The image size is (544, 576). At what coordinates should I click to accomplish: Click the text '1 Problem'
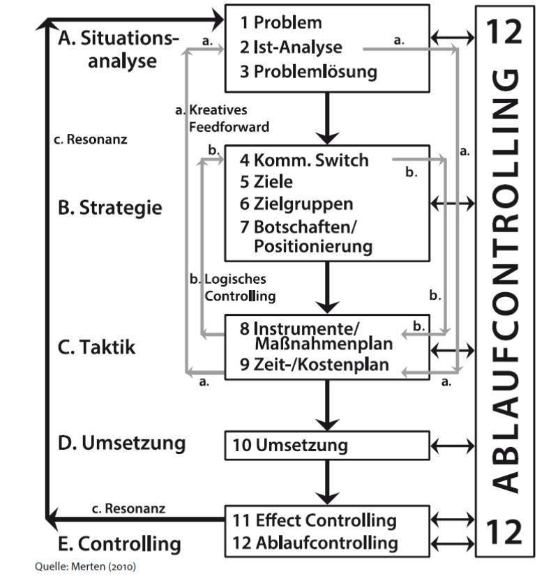pyautogui.click(x=281, y=22)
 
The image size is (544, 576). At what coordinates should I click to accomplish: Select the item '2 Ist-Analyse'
pyautogui.click(x=291, y=47)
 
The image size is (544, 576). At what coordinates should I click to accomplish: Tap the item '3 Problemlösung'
pyautogui.click(x=308, y=71)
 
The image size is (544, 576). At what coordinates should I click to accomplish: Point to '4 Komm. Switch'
pyautogui.click(x=304, y=160)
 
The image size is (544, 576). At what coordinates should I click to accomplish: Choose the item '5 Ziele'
pyautogui.click(x=266, y=182)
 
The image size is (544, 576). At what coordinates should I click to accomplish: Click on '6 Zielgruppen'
pyautogui.click(x=296, y=204)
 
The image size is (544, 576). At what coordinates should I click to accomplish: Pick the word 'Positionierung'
pyautogui.click(x=313, y=246)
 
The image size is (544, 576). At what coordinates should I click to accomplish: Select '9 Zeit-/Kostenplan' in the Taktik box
pyautogui.click(x=315, y=365)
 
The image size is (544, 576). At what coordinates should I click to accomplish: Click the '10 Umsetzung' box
pyautogui.click(x=327, y=446)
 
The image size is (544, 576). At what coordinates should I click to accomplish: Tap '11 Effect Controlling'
pyautogui.click(x=315, y=520)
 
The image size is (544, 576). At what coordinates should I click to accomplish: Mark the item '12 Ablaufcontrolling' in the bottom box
pyautogui.click(x=315, y=543)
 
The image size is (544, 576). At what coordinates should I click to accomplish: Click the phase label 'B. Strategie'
pyautogui.click(x=109, y=208)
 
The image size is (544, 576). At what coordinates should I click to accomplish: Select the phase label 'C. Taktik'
pyautogui.click(x=97, y=347)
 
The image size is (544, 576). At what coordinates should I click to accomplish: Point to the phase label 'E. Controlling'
pyautogui.click(x=119, y=544)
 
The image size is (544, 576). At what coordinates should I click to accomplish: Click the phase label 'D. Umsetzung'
pyautogui.click(x=121, y=443)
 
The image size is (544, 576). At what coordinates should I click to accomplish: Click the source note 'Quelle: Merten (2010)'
pyautogui.click(x=85, y=566)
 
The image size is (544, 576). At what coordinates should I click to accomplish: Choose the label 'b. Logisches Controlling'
pyautogui.click(x=232, y=287)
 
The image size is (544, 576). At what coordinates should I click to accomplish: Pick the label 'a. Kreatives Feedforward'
pyautogui.click(x=222, y=119)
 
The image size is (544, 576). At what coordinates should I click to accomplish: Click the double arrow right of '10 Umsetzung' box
pyautogui.click(x=453, y=446)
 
